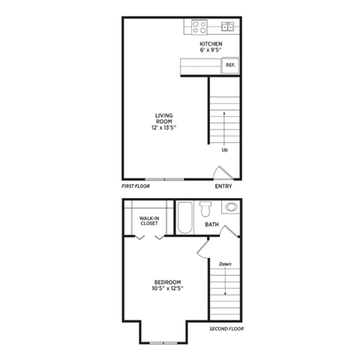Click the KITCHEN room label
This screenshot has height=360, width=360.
[211, 44]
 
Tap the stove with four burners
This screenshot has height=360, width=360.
[199, 27]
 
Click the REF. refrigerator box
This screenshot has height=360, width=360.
[230, 65]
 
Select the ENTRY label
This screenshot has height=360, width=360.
[223, 187]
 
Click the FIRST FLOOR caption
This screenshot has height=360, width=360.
[136, 185]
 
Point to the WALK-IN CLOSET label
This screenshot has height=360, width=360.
[148, 220]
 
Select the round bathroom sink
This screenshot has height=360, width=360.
[231, 207]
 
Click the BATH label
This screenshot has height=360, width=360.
[212, 224]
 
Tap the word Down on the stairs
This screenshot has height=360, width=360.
[225, 264]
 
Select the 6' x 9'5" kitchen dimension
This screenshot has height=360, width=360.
[211, 51]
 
